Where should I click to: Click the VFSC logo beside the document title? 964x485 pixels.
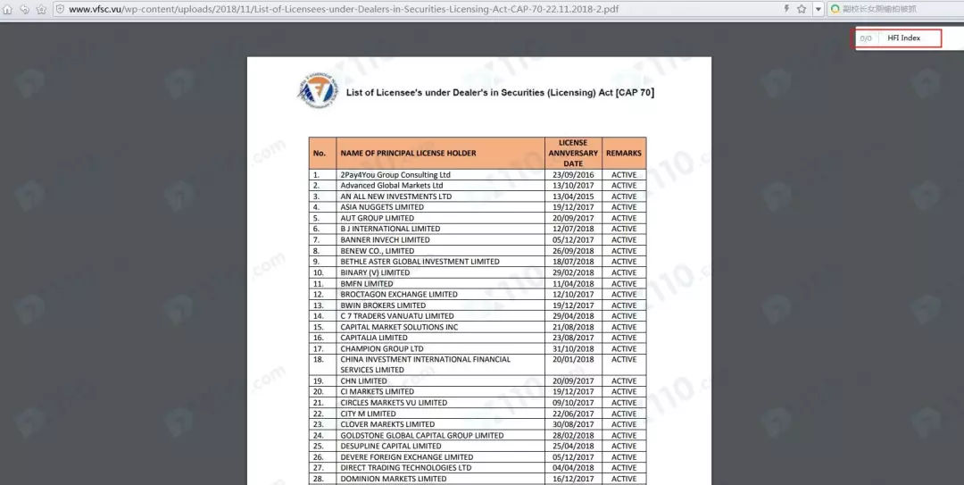(x=318, y=92)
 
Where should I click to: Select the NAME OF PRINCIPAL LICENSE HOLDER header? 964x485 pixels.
(x=408, y=153)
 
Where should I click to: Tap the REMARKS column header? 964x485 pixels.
(x=624, y=153)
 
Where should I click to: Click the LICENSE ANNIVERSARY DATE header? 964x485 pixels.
(x=573, y=153)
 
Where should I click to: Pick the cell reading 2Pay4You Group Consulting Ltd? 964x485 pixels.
(x=395, y=175)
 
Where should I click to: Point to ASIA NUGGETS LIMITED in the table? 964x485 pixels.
(x=381, y=207)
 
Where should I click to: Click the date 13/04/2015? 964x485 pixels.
(x=573, y=197)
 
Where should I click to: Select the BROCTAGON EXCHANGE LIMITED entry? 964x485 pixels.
(x=398, y=295)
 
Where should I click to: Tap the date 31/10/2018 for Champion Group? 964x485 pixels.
(x=573, y=348)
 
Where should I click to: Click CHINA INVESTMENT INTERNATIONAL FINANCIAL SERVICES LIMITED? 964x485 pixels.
(x=425, y=364)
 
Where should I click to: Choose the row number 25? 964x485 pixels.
(x=317, y=447)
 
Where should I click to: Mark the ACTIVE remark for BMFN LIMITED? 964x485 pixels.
(x=624, y=284)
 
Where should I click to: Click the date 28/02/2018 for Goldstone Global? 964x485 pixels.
(x=573, y=435)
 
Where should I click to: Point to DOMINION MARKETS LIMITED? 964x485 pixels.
(x=393, y=479)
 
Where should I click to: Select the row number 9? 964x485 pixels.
(x=317, y=262)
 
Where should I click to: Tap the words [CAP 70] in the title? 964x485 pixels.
(x=635, y=92)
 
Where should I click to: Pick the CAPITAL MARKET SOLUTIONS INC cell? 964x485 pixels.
(x=399, y=327)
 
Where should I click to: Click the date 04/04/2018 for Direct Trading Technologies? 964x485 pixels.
(x=573, y=468)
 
